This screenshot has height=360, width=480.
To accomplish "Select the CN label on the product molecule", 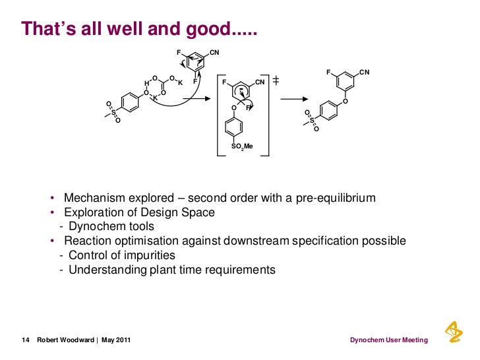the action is [365, 72].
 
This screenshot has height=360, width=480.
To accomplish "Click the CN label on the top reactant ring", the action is [214, 51].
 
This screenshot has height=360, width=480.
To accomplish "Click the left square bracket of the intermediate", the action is [218, 115].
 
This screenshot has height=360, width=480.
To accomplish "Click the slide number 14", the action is [26, 340].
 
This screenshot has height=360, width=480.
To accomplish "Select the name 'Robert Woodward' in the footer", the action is [63, 340].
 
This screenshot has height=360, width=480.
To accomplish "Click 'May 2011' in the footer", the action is [115, 340].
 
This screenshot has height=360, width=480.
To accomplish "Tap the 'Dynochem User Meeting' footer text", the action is [388, 340].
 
